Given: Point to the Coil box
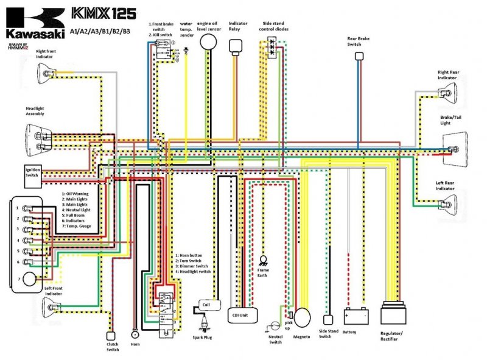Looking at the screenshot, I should click(x=206, y=304).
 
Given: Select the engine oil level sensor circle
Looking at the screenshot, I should click(x=209, y=41).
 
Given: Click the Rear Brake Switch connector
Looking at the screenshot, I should click(x=359, y=56).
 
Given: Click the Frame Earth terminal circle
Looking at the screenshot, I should click(x=264, y=259).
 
